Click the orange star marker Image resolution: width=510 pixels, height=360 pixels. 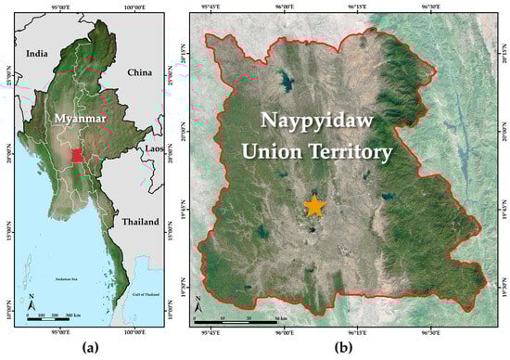[x=315, y=206]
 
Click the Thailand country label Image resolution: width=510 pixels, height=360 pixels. [x=139, y=222]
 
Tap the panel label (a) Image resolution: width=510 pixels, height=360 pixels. [x=88, y=349]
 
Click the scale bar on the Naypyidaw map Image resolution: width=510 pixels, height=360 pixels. [x=246, y=320]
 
